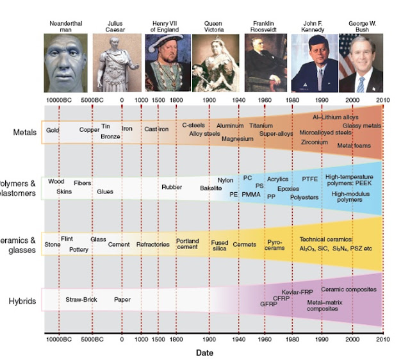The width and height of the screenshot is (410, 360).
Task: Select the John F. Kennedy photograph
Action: point(314,63)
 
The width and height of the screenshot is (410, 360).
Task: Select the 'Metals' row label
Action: point(24,133)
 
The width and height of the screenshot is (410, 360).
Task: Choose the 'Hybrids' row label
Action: point(24,300)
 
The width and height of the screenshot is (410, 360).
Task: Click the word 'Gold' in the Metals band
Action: point(53,130)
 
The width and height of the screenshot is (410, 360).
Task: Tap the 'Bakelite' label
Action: point(210,188)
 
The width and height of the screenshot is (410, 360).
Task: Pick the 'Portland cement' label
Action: point(188,244)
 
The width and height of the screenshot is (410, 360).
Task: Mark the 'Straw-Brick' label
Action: point(81,299)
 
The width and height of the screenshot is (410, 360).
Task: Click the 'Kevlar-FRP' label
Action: point(296,291)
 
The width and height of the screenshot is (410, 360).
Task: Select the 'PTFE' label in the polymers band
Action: point(310,179)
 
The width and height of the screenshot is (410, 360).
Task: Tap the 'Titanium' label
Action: point(261,126)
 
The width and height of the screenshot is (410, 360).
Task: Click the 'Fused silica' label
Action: point(220,246)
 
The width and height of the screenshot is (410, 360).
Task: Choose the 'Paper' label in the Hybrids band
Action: point(122,299)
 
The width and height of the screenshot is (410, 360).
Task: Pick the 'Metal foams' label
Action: point(354,145)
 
